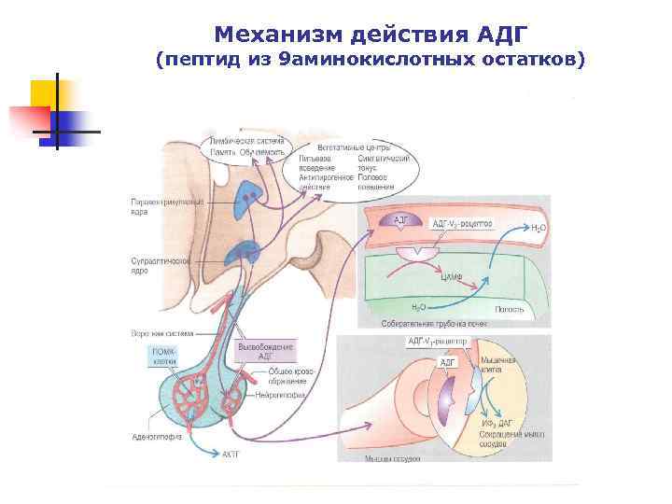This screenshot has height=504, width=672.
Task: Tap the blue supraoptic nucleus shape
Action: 248,251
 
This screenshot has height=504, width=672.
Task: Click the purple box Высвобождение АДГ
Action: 267,351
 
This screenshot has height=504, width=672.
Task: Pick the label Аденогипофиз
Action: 151,434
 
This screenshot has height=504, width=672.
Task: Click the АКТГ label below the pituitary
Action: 231,455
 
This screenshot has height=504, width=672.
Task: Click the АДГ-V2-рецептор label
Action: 461,224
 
